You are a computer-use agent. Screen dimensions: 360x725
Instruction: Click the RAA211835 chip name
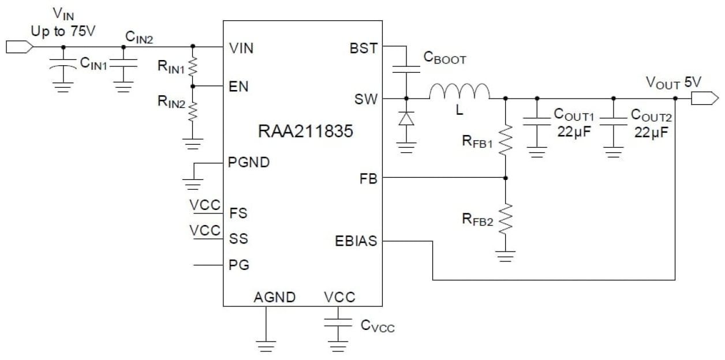305,132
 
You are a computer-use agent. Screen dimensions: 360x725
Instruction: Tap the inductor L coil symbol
459,92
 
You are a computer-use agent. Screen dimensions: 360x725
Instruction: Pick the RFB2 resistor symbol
506,219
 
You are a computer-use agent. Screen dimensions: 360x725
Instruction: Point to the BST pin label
364,48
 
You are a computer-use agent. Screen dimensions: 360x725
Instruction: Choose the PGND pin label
249,162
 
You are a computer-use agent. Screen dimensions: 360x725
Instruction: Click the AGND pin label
275,298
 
